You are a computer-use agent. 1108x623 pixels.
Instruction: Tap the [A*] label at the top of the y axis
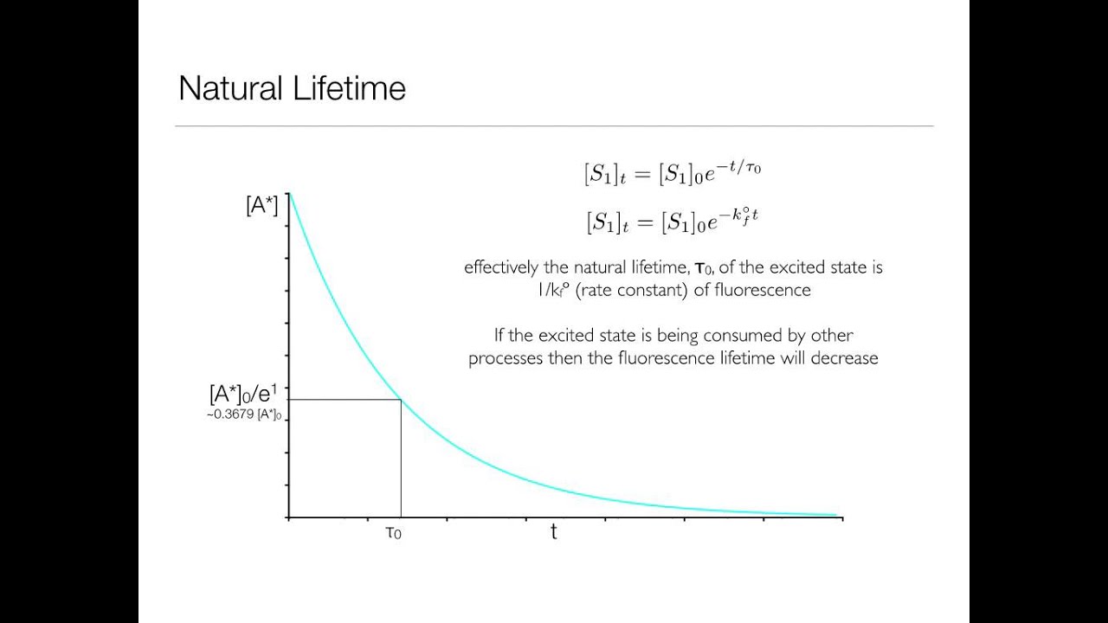click(262, 206)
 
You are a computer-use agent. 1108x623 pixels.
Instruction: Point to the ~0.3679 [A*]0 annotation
click(244, 414)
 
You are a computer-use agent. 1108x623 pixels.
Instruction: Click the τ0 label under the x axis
click(393, 533)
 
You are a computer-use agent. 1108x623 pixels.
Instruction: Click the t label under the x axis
click(554, 532)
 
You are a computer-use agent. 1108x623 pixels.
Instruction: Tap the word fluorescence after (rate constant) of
click(763, 290)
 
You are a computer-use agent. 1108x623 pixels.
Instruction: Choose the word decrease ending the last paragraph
click(844, 358)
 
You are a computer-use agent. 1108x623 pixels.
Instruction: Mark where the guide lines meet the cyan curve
click(401, 399)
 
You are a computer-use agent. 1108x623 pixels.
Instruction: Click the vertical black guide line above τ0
click(401, 459)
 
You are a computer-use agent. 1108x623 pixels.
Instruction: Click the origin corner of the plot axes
click(288, 517)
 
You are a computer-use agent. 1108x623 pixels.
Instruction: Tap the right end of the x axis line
click(841, 517)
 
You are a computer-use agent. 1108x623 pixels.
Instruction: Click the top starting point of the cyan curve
click(289, 194)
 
